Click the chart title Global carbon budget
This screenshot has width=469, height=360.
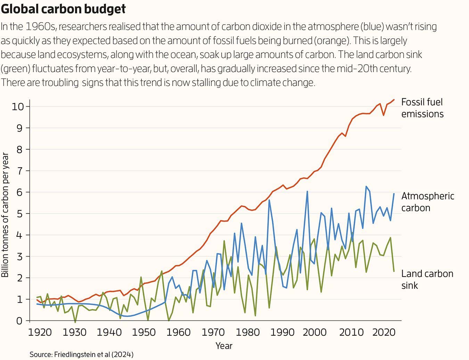coord(63,9)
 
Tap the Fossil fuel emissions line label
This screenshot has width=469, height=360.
coord(422,108)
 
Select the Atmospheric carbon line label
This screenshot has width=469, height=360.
coord(427,202)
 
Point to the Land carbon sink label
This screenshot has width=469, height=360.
coord(427,279)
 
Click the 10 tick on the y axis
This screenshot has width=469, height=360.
coord(18,106)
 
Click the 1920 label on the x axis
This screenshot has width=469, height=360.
coord(40,332)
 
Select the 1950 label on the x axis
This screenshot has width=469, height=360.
coord(144,332)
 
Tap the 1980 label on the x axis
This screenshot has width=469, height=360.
coord(248,332)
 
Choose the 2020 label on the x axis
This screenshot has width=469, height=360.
coord(384,332)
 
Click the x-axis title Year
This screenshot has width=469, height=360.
coord(224,346)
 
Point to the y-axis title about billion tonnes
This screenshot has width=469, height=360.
coord(5,215)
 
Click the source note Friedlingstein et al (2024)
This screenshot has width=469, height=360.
coord(81,354)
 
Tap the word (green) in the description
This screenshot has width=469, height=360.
coord(15,68)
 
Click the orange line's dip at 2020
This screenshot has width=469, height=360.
coord(384,115)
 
